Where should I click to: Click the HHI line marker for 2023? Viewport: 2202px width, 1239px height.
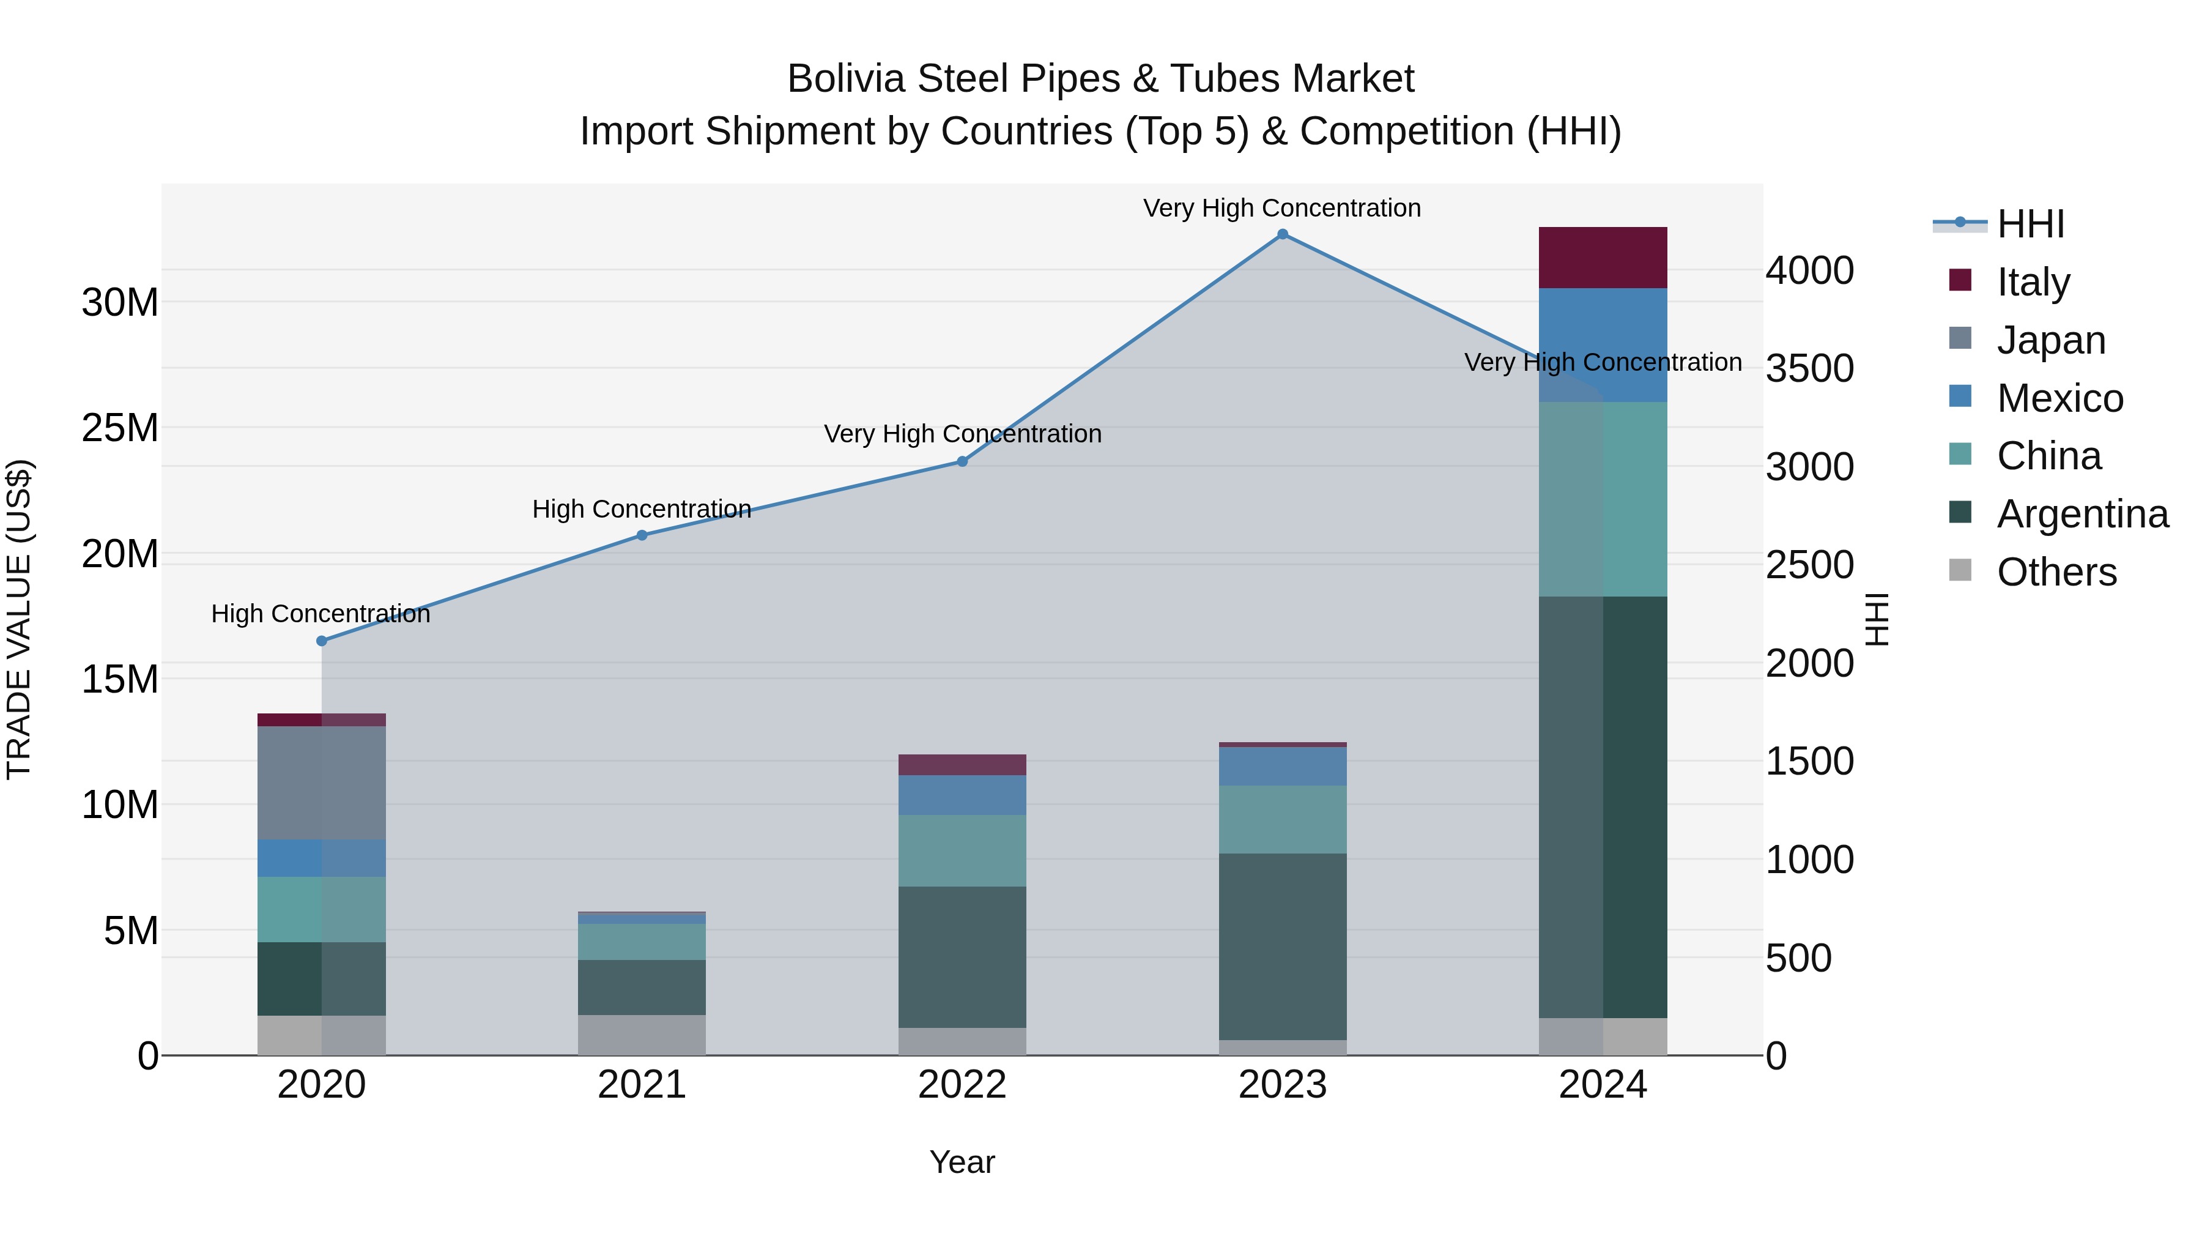[1282, 234]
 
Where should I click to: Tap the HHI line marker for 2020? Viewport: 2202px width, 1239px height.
[321, 641]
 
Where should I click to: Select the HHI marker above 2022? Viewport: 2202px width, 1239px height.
[962, 462]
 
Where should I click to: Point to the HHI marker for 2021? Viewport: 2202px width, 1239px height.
[642, 535]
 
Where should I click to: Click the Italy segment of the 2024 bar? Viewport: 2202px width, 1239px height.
[1603, 258]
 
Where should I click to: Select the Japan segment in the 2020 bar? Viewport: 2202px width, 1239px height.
[321, 783]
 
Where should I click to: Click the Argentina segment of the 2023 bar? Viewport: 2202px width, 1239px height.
[1282, 946]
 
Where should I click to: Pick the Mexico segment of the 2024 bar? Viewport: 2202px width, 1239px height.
[1603, 344]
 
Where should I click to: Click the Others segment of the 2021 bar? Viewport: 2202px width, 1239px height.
[642, 1035]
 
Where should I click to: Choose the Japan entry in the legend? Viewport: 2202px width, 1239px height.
[2050, 340]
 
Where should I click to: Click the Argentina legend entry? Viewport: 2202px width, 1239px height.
[2082, 514]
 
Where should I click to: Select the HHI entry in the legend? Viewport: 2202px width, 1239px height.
[2030, 224]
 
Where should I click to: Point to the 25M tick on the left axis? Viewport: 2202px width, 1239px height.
[120, 428]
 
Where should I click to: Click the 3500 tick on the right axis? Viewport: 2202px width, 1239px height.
[1810, 368]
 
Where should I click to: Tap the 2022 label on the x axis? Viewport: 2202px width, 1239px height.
[962, 1085]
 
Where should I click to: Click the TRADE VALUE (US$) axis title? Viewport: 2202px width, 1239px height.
[19, 619]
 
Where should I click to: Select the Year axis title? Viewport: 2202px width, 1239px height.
[962, 1162]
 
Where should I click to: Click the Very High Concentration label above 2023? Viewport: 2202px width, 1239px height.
[1281, 208]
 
